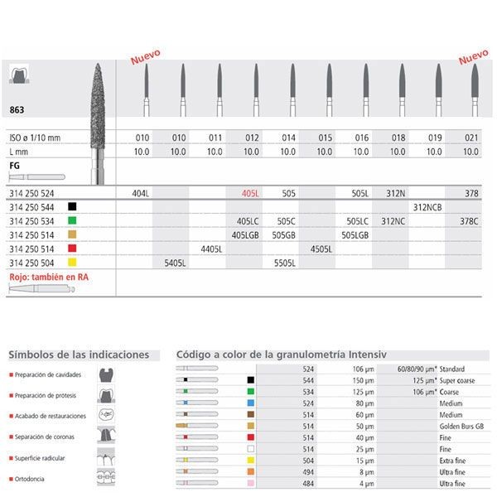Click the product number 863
coord(15,109)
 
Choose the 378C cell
coord(472,220)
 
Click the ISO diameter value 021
coord(471,137)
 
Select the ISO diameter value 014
coord(287,137)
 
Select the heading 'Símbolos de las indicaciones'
coord(79,355)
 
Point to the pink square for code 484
coord(251,482)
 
